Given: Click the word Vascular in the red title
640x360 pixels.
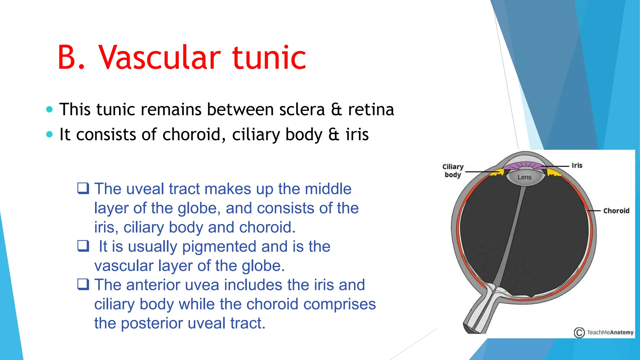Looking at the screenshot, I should (160, 57).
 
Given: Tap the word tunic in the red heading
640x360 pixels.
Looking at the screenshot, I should (269, 57).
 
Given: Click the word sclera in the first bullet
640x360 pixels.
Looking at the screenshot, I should (302, 110).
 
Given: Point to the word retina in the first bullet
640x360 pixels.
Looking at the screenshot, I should (371, 110).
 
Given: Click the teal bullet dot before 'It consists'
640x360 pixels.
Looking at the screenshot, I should (49, 134).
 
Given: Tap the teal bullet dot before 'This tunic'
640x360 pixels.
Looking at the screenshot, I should (49, 109).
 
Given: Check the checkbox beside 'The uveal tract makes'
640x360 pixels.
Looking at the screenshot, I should (83, 188).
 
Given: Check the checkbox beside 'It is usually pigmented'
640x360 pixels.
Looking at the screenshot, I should (83, 246).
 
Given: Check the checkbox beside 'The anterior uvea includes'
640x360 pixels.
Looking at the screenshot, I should (83, 284).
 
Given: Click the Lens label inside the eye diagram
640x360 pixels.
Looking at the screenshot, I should (524, 177).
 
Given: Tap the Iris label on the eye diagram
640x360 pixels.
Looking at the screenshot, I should (577, 165).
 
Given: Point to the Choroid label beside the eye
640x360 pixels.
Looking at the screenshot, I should (616, 211).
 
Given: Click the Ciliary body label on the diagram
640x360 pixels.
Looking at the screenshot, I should (453, 171).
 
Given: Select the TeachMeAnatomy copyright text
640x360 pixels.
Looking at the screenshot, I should (610, 332).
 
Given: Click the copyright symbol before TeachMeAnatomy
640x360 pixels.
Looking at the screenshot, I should (579, 332).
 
